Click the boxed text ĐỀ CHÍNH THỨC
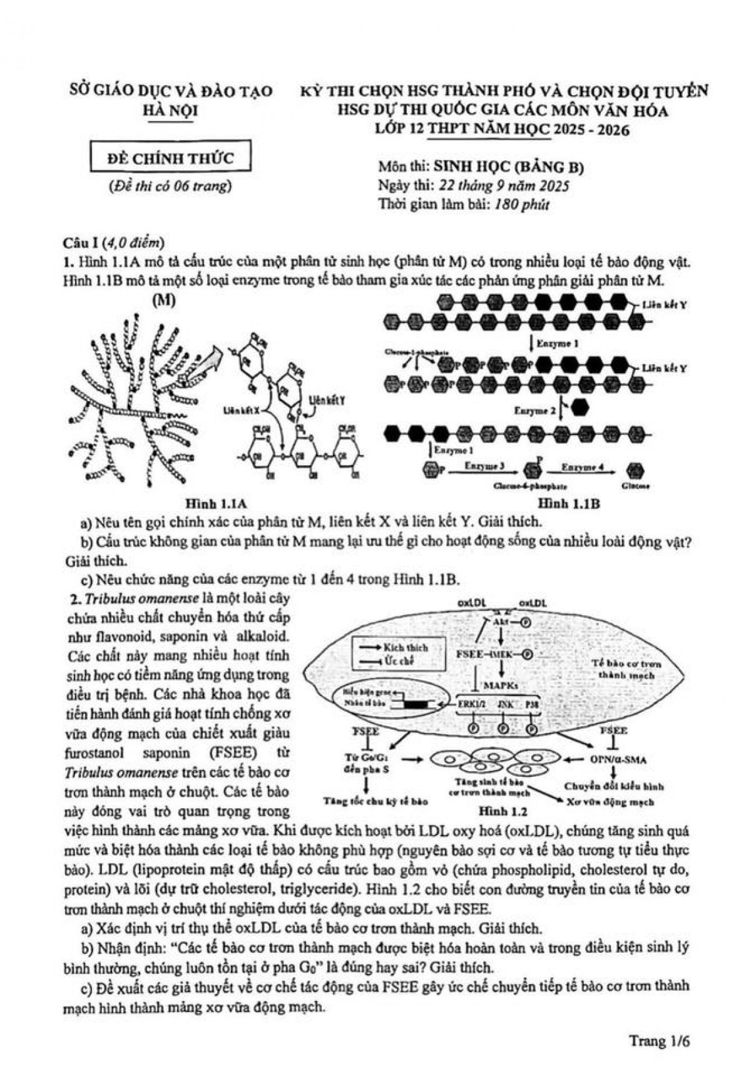point(170,158)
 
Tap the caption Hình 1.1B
point(568,503)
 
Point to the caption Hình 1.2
point(503,812)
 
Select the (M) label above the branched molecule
point(164,300)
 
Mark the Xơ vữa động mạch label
point(610,802)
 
